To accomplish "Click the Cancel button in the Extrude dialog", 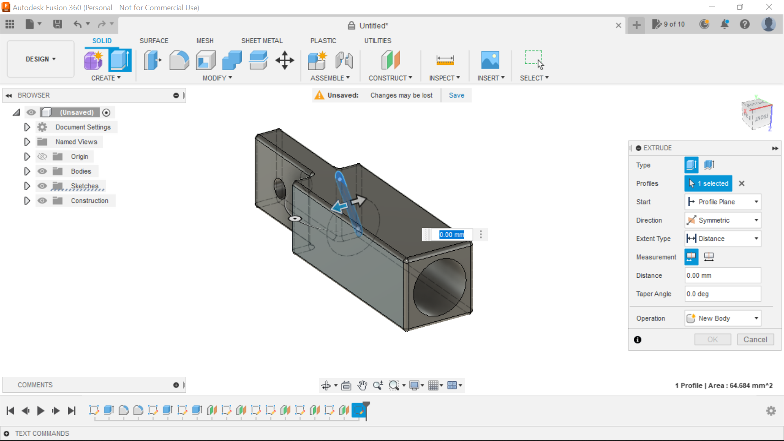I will coord(755,339).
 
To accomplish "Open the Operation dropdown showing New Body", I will coord(722,318).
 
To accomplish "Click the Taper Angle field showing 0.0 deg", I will coord(722,294).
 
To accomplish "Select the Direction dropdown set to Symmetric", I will coord(722,220).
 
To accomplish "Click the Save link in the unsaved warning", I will coord(456,95).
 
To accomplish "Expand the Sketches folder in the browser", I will coord(27,186).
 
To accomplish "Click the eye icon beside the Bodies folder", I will coord(42,171).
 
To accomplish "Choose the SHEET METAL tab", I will coord(262,41).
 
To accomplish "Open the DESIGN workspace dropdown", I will coord(40,59).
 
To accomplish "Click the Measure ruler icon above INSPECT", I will coord(445,60).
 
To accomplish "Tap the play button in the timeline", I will coord(40,410).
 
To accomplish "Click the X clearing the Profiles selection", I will coord(742,183).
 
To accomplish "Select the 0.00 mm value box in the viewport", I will coord(451,234).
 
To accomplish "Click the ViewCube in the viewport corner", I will coord(757,115).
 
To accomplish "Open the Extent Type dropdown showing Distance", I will coord(722,238).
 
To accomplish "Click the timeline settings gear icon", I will coord(771,410).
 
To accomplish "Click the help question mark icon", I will coord(745,24).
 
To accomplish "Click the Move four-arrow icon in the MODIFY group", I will coord(285,60).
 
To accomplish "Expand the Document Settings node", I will coord(27,127).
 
